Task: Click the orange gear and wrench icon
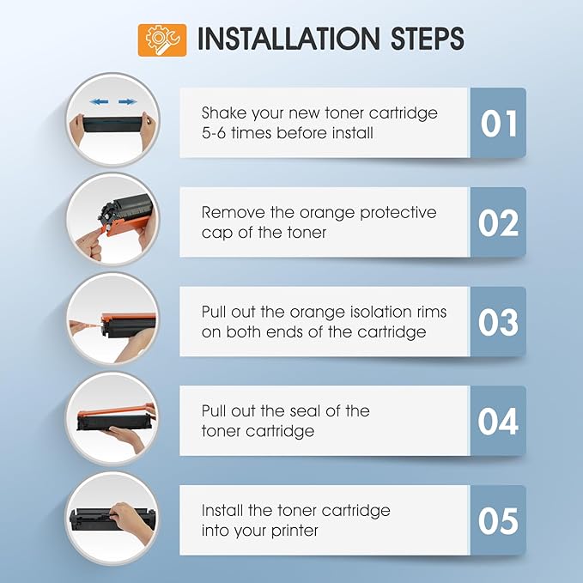coord(162,40)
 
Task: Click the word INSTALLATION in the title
coord(288,39)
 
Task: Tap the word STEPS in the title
coord(428,39)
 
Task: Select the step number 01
coord(499,124)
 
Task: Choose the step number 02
coord(498,222)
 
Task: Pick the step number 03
coord(498,322)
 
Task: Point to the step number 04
coord(498,422)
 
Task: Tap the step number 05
coord(498,520)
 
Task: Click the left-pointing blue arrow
coord(100,101)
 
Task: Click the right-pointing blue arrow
coord(128,101)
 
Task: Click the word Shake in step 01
coord(224,112)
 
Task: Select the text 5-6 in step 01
coord(214,133)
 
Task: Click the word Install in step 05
coord(222,511)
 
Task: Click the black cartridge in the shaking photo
coord(112,124)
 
